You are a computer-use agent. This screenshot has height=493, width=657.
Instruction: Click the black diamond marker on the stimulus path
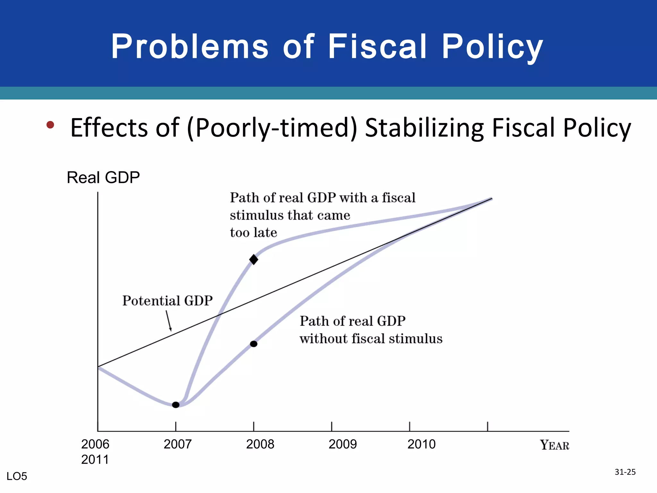point(253,259)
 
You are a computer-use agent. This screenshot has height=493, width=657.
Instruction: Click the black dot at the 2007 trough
point(175,405)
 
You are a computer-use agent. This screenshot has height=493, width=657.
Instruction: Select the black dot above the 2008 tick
point(253,344)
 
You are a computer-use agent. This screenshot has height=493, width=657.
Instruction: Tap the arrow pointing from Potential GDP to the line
point(168,321)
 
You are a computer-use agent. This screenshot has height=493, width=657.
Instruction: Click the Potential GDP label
point(167,301)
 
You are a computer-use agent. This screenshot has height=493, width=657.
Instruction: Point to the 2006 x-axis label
point(95,445)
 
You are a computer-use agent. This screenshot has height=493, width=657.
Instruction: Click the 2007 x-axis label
point(177,445)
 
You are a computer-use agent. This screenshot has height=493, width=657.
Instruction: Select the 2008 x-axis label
point(260,445)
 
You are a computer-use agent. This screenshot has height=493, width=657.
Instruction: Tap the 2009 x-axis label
point(343,445)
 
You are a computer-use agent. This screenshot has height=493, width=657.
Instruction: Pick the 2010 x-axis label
point(422,445)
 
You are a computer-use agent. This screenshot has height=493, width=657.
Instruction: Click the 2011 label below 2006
point(95,460)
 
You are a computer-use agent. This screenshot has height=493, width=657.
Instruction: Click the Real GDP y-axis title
point(103,177)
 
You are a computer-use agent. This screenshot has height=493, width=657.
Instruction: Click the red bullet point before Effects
point(50,125)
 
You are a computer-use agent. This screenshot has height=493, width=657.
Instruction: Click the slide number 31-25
point(625,472)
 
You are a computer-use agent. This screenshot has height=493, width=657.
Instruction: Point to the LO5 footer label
point(17,476)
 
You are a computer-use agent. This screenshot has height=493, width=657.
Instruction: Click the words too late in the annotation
point(253,233)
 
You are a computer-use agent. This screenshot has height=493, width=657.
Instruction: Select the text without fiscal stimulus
point(371,339)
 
